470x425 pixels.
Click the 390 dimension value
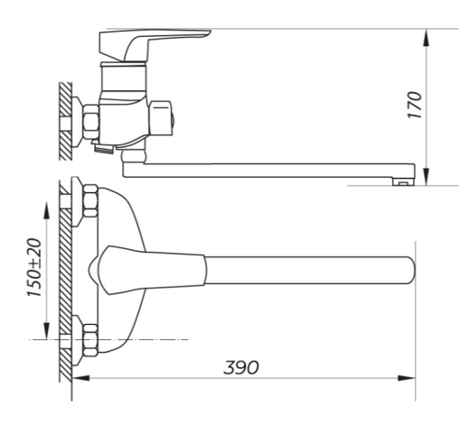241,367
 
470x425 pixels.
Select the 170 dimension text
414,105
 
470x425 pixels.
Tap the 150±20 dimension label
34,267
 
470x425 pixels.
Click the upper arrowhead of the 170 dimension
426,38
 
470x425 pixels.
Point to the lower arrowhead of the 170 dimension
426,177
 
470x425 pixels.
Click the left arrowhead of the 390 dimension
81,378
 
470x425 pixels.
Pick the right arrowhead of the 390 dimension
407,378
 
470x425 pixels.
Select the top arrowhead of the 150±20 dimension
46,211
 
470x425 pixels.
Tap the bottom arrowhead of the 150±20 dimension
46,330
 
